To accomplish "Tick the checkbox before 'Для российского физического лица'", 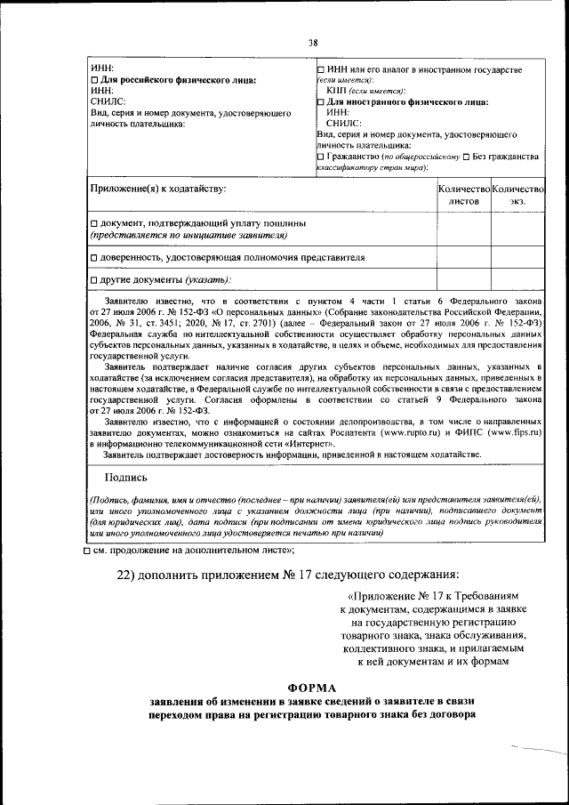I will click(x=94, y=80).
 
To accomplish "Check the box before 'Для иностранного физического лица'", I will click(x=321, y=102).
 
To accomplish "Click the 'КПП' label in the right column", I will click(x=338, y=91).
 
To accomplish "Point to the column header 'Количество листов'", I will click(x=463, y=195).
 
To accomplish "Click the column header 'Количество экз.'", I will click(x=517, y=195).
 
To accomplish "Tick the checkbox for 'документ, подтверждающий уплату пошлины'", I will click(x=94, y=222).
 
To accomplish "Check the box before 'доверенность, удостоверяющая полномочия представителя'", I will click(x=94, y=258).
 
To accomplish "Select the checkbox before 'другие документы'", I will click(x=94, y=280).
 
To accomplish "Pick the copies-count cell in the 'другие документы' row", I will click(x=517, y=279).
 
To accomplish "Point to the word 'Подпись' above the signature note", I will click(x=124, y=478).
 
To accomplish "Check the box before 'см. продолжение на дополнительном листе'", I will click(x=86, y=552).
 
